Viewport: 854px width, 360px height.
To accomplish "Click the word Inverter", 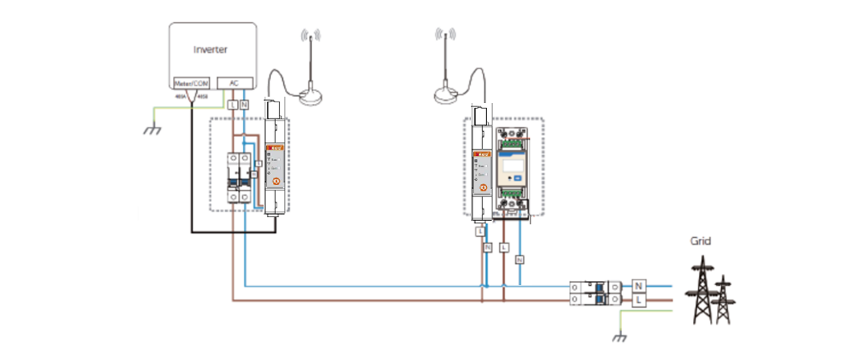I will coord(211,49).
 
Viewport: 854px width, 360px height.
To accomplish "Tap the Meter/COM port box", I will coord(192,83).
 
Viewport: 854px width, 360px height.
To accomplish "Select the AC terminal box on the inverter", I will coord(234,83).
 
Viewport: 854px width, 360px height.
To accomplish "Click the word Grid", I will coord(700,241).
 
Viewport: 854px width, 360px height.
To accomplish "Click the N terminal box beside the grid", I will coord(639,286).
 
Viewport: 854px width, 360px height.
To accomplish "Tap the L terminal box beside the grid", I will coord(639,300).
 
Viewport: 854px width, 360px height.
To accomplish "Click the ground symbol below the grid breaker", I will coord(620,338).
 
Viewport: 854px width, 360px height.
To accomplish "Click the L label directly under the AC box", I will coord(233,104).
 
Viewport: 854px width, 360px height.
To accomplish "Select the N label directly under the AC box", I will coord(244,104).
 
